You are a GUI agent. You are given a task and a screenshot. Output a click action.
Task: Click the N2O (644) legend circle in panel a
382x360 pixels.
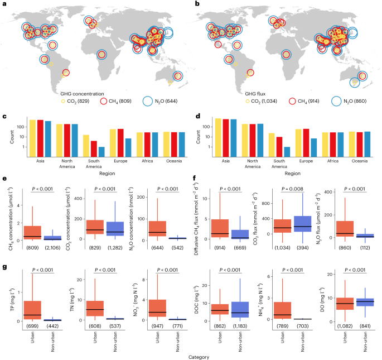147,101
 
